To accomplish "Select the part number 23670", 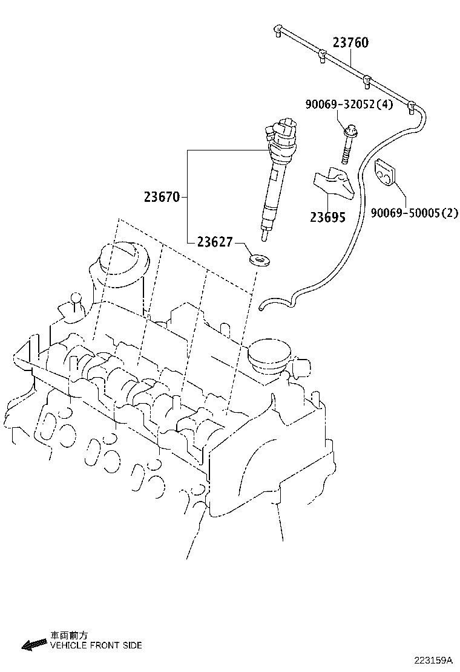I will [x=162, y=197].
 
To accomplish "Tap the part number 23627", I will [x=214, y=242].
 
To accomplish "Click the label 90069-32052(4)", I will [x=349, y=105].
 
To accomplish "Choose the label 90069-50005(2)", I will [x=414, y=213].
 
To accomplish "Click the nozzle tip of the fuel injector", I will [x=264, y=231].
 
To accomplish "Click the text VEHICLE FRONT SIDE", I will [x=96, y=645].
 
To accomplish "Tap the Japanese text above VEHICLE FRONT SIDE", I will [x=68, y=635].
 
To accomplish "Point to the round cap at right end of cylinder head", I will [x=269, y=355].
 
